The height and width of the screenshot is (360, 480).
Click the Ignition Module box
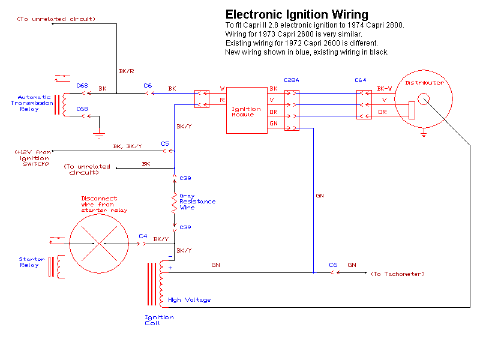[x=246, y=110]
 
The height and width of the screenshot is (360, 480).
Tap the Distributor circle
[x=424, y=103]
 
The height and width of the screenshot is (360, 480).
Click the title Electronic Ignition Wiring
[x=296, y=14]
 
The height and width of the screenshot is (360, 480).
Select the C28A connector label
[x=292, y=80]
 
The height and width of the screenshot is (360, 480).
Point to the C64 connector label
[x=361, y=80]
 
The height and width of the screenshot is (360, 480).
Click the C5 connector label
[x=165, y=143]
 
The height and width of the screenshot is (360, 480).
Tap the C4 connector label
[x=143, y=236]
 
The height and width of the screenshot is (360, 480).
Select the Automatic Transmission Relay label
[x=35, y=103]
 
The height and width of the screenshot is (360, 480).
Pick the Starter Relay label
[x=28, y=262]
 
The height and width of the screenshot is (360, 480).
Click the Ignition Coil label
[x=159, y=320]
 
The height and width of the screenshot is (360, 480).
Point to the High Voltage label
[x=190, y=300]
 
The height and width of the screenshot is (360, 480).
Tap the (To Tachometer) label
[x=397, y=274]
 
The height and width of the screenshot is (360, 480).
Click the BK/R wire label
[x=126, y=71]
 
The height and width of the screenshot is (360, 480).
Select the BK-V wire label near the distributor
[x=385, y=89]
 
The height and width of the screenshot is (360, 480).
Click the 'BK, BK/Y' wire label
[x=127, y=146]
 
